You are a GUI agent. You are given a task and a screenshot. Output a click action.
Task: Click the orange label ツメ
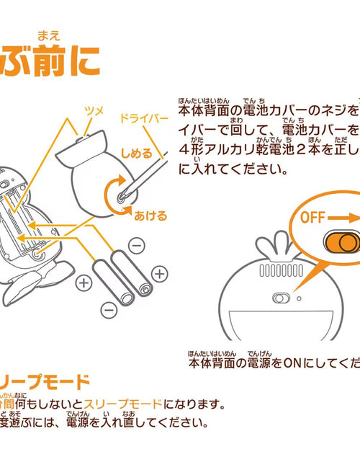click(x=95, y=110)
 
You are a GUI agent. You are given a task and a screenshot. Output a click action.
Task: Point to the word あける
click(x=150, y=215)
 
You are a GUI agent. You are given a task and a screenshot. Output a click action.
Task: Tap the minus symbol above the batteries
click(x=137, y=245)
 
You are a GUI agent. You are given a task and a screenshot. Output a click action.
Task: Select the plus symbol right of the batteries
click(x=159, y=273)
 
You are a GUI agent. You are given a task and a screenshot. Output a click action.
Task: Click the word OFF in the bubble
click(x=314, y=216)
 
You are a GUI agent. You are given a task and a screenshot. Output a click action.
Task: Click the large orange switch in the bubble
click(x=338, y=241)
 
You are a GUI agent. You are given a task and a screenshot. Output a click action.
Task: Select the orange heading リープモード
click(x=48, y=381)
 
